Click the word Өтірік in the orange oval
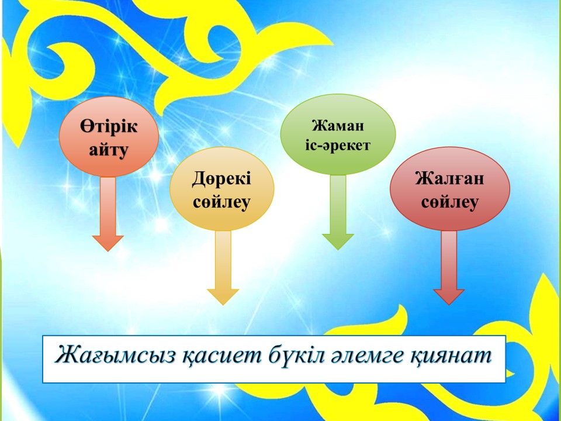(x=109, y=127)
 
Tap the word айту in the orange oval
(x=109, y=150)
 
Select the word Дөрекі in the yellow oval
(x=221, y=179)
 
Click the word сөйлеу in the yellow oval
(x=221, y=202)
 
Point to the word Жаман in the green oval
(x=338, y=126)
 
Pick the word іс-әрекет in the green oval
(x=338, y=146)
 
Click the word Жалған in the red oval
(x=450, y=179)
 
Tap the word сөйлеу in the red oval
(x=450, y=202)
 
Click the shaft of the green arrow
(x=338, y=205)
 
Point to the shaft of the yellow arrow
(x=223, y=260)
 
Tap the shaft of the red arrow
(x=449, y=260)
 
